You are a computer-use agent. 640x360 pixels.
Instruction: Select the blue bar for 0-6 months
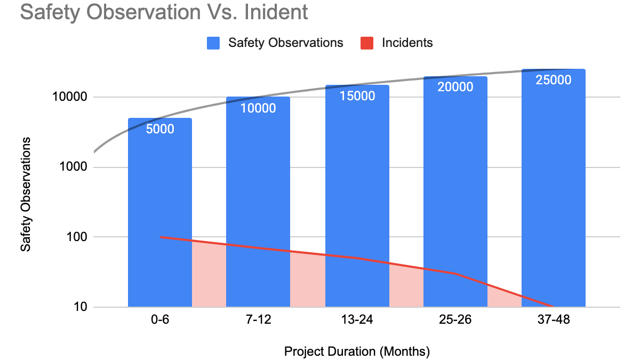click(160, 213)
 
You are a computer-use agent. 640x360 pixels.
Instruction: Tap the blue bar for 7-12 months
click(258, 203)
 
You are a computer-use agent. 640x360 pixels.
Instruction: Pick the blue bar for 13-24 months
click(357, 197)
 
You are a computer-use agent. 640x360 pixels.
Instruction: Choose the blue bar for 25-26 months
click(455, 192)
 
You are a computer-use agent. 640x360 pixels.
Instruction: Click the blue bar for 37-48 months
click(554, 187)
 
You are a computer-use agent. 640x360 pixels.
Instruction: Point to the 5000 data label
click(160, 129)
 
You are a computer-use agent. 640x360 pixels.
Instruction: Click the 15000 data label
click(357, 97)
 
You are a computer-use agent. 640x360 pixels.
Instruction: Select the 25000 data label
click(554, 81)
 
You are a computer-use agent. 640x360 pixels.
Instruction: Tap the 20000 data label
click(455, 87)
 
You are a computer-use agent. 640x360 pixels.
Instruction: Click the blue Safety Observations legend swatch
click(213, 43)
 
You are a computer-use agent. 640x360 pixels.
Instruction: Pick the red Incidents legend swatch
click(367, 43)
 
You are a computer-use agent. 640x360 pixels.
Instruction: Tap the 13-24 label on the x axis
click(357, 321)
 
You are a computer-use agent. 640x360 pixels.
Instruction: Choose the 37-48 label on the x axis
click(554, 321)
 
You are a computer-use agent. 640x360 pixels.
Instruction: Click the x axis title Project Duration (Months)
click(357, 351)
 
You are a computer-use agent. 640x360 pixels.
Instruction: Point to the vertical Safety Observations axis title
click(26, 194)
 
